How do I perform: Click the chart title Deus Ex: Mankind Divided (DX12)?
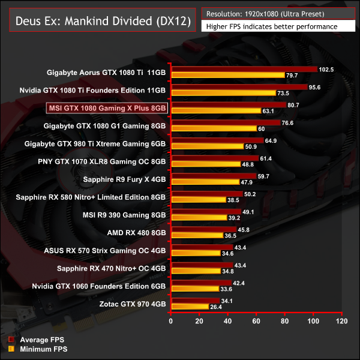tap(99, 22)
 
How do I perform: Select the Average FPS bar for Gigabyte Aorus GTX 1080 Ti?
tap(244, 69)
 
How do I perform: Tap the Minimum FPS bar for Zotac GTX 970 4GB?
tap(190, 307)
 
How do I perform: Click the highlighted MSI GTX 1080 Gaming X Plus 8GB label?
tap(107, 108)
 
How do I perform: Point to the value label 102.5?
tap(327, 69)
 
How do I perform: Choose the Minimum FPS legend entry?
tap(44, 349)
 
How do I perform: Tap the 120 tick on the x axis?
tap(341, 322)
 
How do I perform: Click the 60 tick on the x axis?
tap(256, 322)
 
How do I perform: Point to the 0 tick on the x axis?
tap(172, 322)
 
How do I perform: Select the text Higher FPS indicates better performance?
tap(271, 26)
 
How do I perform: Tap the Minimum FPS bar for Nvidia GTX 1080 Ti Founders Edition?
tap(223, 93)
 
